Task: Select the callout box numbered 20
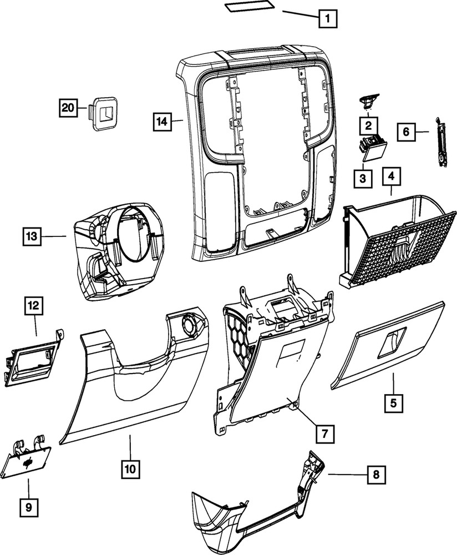[68, 108]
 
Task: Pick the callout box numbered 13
[32, 236]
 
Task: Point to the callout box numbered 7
[325, 431]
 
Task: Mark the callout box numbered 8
[377, 475]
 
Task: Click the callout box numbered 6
[405, 132]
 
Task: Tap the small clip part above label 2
[367, 99]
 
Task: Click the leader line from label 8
[347, 475]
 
